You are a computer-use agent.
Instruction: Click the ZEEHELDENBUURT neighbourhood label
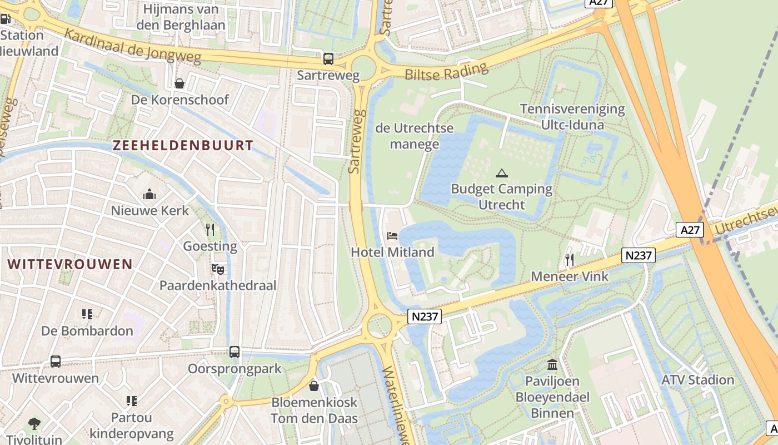click(x=183, y=146)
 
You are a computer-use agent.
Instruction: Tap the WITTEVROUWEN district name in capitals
click(x=71, y=264)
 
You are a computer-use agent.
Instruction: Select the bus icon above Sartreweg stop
click(x=328, y=58)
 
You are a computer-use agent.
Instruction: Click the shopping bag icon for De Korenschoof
click(x=179, y=83)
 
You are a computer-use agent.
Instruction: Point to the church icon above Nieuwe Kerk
click(x=149, y=194)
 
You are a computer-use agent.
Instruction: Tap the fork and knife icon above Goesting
click(x=210, y=230)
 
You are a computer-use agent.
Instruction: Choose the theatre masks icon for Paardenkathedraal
click(x=218, y=269)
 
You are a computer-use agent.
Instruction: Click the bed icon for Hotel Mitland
click(x=392, y=236)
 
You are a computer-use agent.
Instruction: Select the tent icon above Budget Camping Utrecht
click(x=502, y=173)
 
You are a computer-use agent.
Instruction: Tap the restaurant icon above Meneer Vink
click(x=570, y=260)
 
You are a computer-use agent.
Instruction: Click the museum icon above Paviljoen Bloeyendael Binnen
click(x=552, y=365)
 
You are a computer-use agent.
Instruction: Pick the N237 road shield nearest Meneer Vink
click(x=639, y=255)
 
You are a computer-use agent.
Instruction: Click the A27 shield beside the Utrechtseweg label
click(x=690, y=230)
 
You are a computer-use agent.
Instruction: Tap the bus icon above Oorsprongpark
click(x=235, y=352)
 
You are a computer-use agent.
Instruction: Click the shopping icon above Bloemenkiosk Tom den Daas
click(x=314, y=385)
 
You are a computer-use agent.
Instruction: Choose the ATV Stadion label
click(x=697, y=380)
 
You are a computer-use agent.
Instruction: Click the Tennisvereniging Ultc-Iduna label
click(x=572, y=117)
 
